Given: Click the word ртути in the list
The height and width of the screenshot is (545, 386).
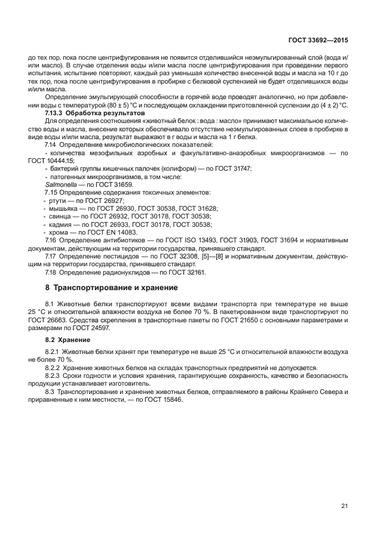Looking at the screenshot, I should [59, 201].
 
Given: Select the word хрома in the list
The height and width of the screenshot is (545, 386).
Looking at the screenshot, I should [59, 232].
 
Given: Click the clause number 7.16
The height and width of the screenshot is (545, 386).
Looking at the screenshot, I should [51, 239].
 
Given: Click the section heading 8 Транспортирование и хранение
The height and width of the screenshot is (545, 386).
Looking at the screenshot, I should [112, 287].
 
